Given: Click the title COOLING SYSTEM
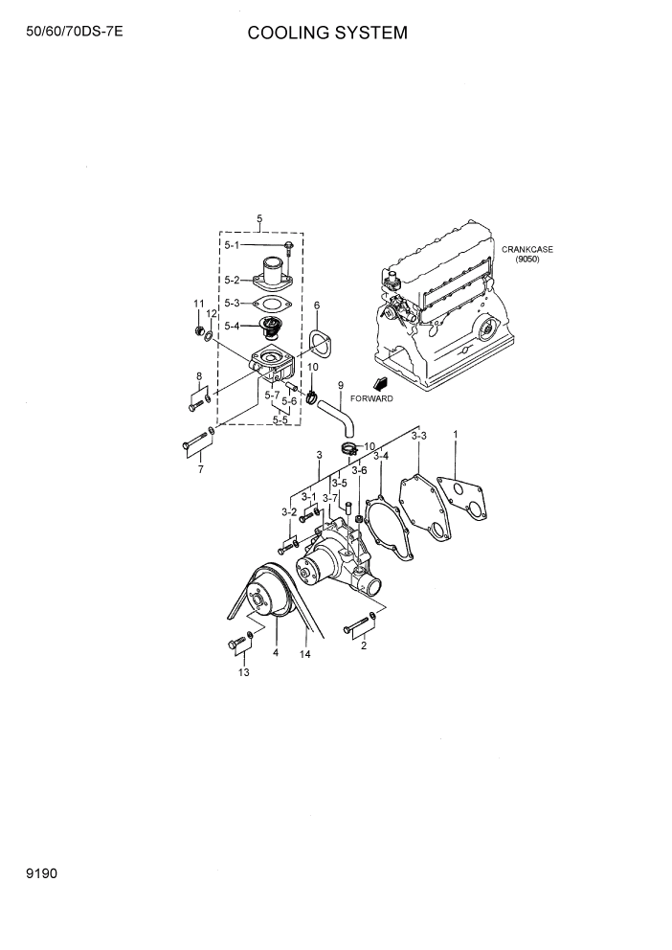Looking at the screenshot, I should [x=327, y=34].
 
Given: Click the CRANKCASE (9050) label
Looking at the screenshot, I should [x=526, y=255].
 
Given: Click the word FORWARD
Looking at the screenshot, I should [x=371, y=398].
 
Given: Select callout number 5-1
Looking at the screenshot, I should [x=234, y=245].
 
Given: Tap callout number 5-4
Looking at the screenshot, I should [x=233, y=326].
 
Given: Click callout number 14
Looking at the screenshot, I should [x=305, y=655].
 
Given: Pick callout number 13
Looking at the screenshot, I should [x=243, y=673].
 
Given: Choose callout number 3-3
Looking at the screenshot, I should [x=418, y=436].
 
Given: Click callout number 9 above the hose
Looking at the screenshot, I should [x=340, y=385].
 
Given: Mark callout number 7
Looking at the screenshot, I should [x=200, y=470].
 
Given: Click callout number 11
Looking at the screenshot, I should [x=199, y=305].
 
